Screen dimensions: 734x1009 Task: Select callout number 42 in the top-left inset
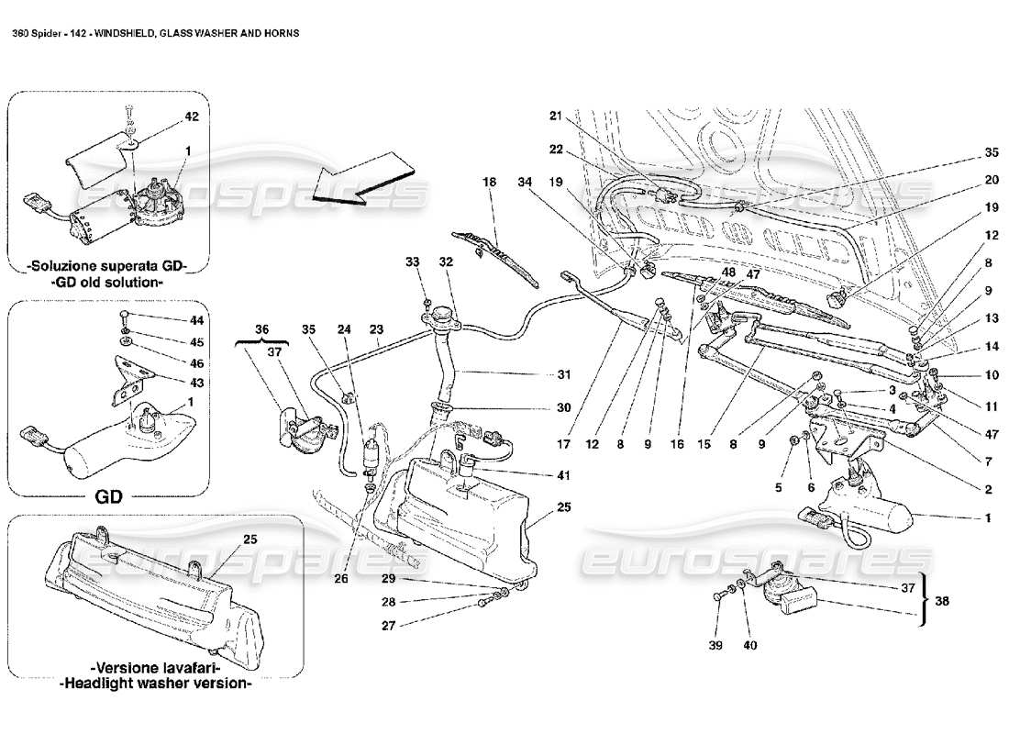pos(191,117)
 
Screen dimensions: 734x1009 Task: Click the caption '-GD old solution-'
pos(108,282)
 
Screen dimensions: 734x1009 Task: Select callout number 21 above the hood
pos(555,116)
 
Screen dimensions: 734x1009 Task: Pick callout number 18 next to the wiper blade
pos(488,183)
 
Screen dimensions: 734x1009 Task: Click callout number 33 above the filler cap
pos(413,262)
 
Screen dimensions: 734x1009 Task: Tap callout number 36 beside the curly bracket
pos(262,329)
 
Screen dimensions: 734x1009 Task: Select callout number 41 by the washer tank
pos(563,475)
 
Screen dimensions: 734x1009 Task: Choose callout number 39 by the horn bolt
pos(716,646)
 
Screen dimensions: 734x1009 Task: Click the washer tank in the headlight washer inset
pos(156,587)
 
